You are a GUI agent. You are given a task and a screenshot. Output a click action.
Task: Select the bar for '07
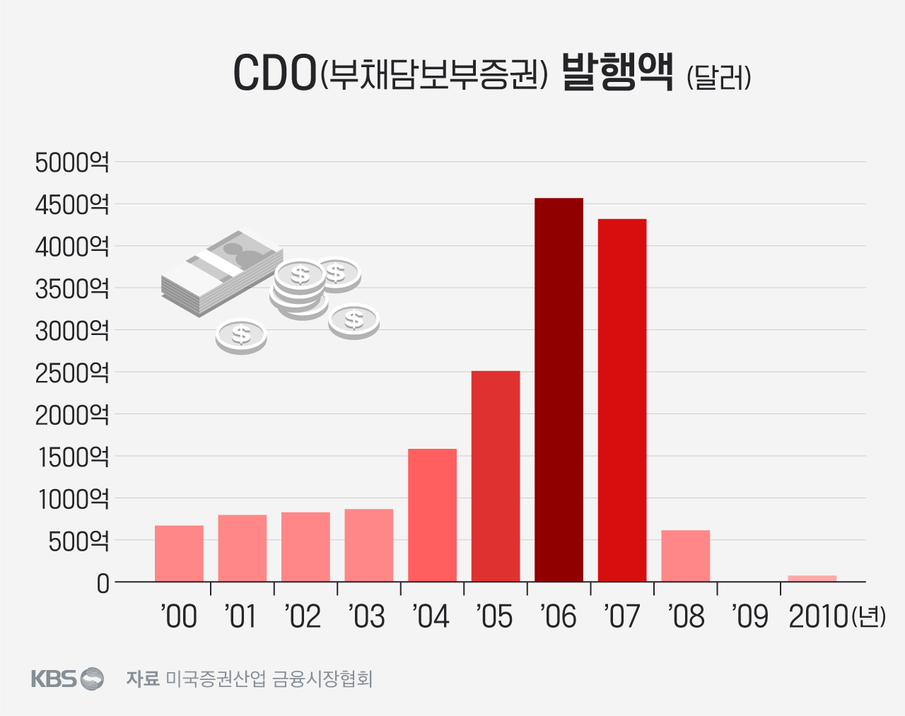[x=622, y=400]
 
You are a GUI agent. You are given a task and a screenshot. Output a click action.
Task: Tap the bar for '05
[x=496, y=476]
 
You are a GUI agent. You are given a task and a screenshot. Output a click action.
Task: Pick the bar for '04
[x=432, y=515]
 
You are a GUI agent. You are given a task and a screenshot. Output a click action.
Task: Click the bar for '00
[x=179, y=553]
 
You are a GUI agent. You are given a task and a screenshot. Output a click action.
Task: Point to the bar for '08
[x=685, y=556]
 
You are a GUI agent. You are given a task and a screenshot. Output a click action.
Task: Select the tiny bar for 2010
[x=812, y=578]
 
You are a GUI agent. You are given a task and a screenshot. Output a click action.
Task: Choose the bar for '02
[x=305, y=547]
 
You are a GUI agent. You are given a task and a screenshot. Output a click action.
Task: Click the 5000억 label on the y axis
[x=72, y=163]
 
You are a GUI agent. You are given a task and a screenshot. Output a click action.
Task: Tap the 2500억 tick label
[x=72, y=372]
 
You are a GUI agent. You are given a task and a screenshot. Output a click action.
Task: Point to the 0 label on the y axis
[x=103, y=584]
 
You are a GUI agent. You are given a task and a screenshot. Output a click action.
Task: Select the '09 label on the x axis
[x=749, y=616]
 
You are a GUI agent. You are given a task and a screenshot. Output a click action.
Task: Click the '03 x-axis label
[x=367, y=616]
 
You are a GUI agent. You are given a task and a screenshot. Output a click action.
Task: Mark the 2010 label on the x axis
[x=818, y=616]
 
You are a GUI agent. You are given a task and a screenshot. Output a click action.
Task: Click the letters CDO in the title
[x=274, y=74]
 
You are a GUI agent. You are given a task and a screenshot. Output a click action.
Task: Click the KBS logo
[x=67, y=679]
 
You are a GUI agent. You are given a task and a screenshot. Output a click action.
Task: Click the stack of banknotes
[x=221, y=271]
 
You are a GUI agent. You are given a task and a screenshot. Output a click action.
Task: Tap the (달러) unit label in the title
[x=718, y=77]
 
